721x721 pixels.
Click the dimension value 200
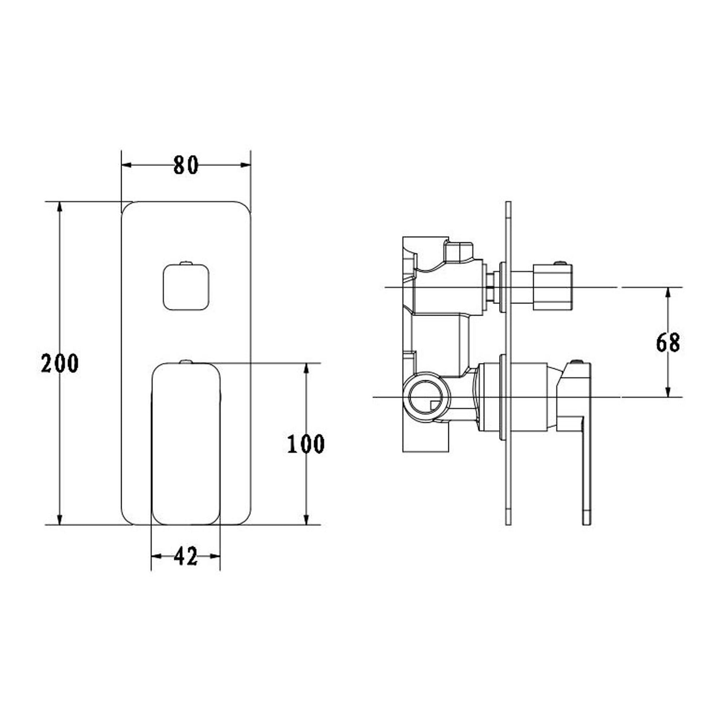tap(60, 364)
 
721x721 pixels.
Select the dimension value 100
tap(306, 444)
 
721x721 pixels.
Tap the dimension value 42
tap(186, 556)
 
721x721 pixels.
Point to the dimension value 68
tap(668, 343)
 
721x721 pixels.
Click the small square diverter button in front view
tap(186, 287)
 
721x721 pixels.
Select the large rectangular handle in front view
tap(186, 443)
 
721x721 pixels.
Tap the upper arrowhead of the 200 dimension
tap(60, 209)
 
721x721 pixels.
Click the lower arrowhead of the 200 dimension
tap(60, 518)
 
